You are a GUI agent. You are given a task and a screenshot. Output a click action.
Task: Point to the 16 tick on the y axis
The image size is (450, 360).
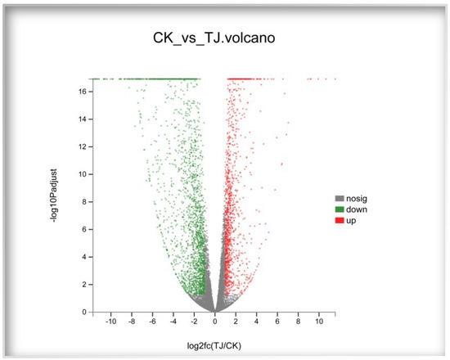point(83,92)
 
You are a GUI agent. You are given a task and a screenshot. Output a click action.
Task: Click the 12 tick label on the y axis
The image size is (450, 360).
point(83,146)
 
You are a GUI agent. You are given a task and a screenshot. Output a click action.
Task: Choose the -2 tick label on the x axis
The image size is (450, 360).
point(194,322)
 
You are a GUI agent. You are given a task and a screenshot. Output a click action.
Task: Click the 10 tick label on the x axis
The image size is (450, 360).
point(319,322)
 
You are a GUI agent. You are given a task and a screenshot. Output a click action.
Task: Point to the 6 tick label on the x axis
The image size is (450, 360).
point(277,322)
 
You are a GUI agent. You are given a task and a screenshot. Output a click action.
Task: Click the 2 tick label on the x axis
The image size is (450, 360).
point(236,322)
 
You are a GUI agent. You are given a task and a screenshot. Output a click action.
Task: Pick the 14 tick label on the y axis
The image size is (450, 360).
point(83,119)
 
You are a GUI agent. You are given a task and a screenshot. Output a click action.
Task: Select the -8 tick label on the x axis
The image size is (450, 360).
point(132,322)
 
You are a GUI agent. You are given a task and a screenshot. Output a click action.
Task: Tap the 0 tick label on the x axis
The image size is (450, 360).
point(215,322)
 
